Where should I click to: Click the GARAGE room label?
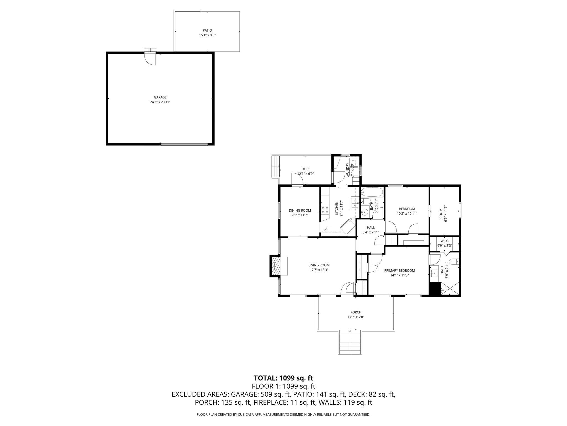(x=160, y=97)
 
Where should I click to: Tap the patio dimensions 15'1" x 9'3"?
(x=207, y=35)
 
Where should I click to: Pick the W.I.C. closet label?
(x=445, y=241)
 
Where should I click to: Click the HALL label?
(x=371, y=227)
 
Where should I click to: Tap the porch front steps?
(x=350, y=342)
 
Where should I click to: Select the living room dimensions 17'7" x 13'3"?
(x=319, y=270)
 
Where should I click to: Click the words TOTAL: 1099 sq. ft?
(x=283, y=378)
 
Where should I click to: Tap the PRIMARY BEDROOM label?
(x=400, y=270)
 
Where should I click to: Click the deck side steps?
(x=275, y=166)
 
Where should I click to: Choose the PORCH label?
(x=356, y=312)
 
